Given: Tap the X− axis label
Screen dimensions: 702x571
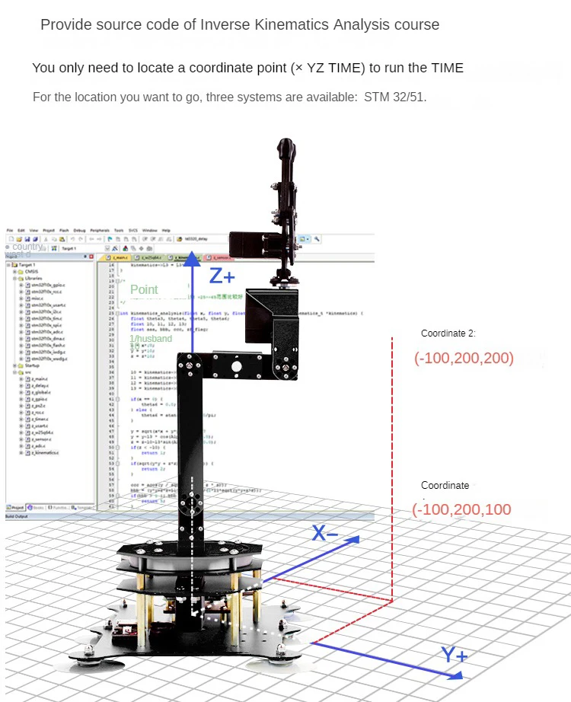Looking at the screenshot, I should [325, 533].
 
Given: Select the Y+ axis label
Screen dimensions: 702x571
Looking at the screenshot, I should [455, 655].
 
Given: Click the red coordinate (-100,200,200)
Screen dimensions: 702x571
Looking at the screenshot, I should [464, 358].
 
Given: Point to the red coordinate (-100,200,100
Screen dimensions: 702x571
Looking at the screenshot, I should [461, 509].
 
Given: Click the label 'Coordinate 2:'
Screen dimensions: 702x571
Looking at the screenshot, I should [448, 333].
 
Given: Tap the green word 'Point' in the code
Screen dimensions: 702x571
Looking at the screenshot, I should [144, 289].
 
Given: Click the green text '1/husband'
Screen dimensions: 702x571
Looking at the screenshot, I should [151, 338].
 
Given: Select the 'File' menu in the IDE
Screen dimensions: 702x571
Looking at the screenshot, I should [10, 229].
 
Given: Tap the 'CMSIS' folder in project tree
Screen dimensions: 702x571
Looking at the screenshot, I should [31, 271].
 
